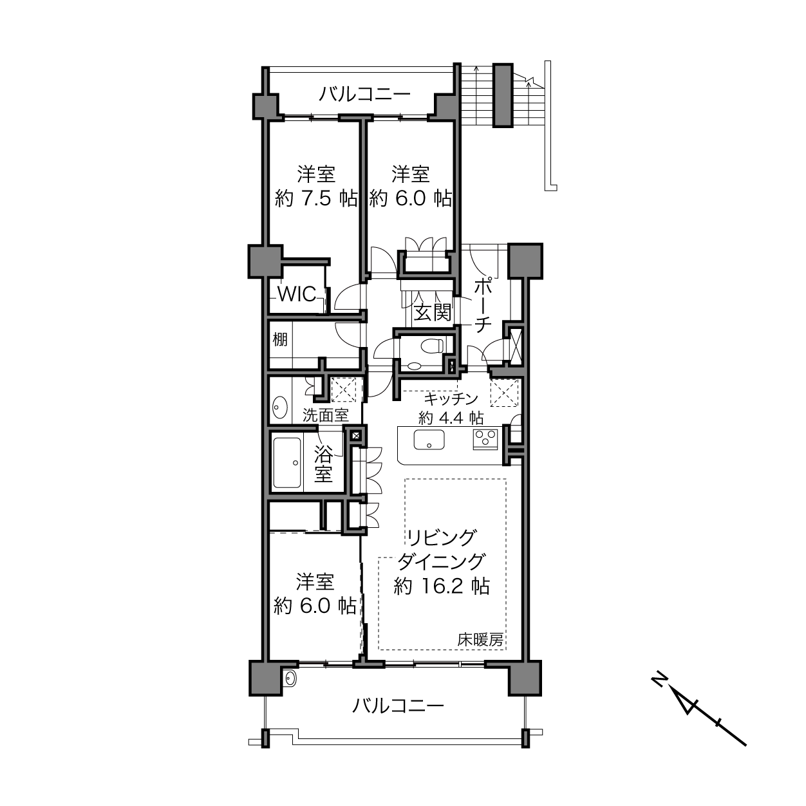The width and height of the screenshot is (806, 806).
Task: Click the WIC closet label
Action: point(297,294)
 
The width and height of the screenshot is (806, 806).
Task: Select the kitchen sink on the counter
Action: point(429,440)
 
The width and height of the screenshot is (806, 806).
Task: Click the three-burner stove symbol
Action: point(485,439)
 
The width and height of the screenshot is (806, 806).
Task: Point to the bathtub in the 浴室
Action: point(287,463)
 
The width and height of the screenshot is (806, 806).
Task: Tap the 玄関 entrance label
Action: point(433,312)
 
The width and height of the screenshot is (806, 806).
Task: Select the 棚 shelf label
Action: point(280,339)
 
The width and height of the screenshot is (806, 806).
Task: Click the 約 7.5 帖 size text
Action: point(316,198)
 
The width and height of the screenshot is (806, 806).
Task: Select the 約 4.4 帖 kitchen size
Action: point(451,418)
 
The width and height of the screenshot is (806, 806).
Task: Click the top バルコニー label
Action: point(365,95)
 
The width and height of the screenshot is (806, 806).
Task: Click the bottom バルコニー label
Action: point(398,706)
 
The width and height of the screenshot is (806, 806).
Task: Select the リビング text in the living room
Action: point(442,538)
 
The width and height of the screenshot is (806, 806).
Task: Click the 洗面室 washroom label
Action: point(325,415)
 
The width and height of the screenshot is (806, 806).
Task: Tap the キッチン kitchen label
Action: point(451,399)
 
